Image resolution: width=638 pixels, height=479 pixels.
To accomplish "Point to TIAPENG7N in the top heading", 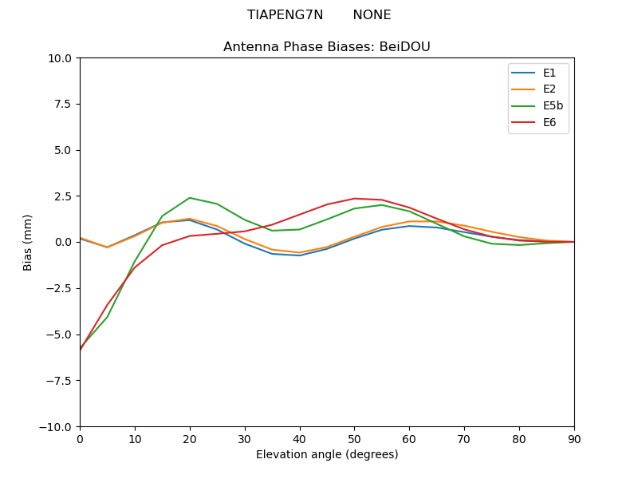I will [x=285, y=15].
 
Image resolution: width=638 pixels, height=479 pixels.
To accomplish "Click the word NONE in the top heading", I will [x=372, y=15].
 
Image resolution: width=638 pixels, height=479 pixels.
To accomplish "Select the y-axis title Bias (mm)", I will [x=28, y=242].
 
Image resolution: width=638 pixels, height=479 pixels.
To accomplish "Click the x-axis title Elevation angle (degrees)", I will [x=327, y=455].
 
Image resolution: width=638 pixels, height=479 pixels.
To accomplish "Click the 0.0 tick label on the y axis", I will [x=62, y=242].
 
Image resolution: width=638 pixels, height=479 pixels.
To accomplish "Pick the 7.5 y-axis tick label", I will [x=62, y=104].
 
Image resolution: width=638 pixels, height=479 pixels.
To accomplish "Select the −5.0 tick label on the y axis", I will [x=58, y=335].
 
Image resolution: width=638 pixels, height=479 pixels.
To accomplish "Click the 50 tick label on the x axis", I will [x=354, y=438].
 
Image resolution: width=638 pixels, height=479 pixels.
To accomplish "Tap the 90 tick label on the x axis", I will [x=574, y=438].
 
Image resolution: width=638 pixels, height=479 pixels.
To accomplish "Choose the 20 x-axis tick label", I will [x=190, y=438].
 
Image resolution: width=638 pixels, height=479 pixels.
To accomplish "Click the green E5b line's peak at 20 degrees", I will [x=190, y=198].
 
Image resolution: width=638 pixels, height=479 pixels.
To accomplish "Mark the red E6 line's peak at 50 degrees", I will [x=354, y=199].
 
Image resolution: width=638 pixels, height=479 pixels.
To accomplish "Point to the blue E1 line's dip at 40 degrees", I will [x=299, y=255].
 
